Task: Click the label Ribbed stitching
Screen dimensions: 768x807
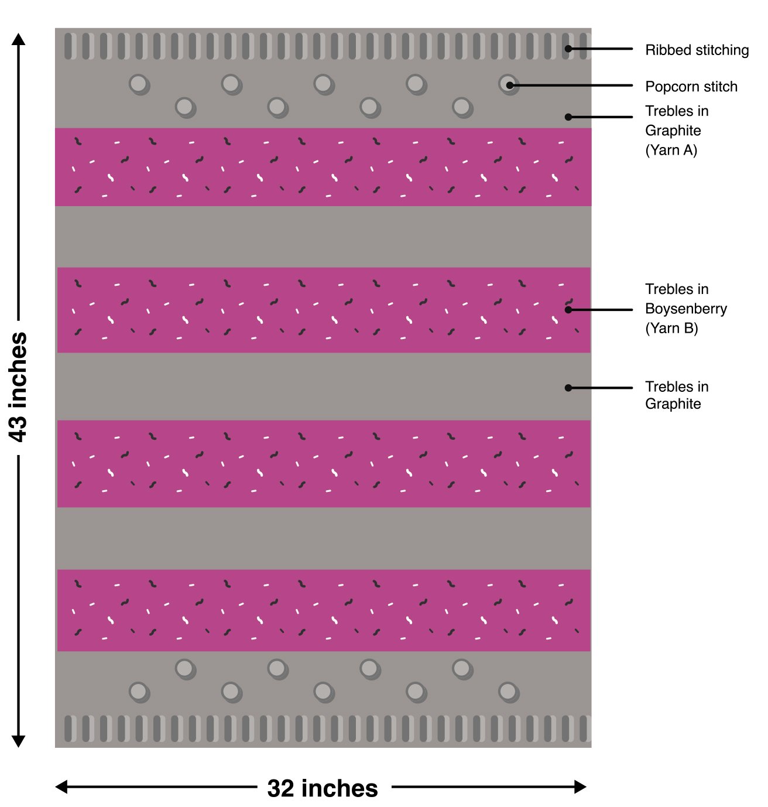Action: (697, 50)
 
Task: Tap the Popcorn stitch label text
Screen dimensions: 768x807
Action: (691, 87)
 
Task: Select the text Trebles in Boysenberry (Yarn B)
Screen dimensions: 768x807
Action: (685, 309)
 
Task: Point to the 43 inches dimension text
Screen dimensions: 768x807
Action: (18, 387)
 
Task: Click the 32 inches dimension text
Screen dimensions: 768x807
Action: (323, 788)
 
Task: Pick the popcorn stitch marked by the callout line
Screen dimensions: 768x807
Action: (508, 84)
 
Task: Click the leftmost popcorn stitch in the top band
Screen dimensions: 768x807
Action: (139, 84)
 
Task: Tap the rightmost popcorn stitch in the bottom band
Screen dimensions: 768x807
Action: (508, 692)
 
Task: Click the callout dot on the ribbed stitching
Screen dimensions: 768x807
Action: (568, 49)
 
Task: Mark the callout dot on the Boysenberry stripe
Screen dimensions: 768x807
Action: (568, 309)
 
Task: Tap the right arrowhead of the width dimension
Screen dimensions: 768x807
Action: (580, 787)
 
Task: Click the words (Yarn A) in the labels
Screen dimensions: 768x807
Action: (671, 151)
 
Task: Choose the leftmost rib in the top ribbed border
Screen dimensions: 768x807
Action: (68, 46)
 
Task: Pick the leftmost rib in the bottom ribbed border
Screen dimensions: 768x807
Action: (68, 729)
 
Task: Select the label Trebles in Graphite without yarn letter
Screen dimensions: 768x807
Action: (676, 395)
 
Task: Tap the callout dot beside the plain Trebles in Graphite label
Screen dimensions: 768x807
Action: (568, 388)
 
